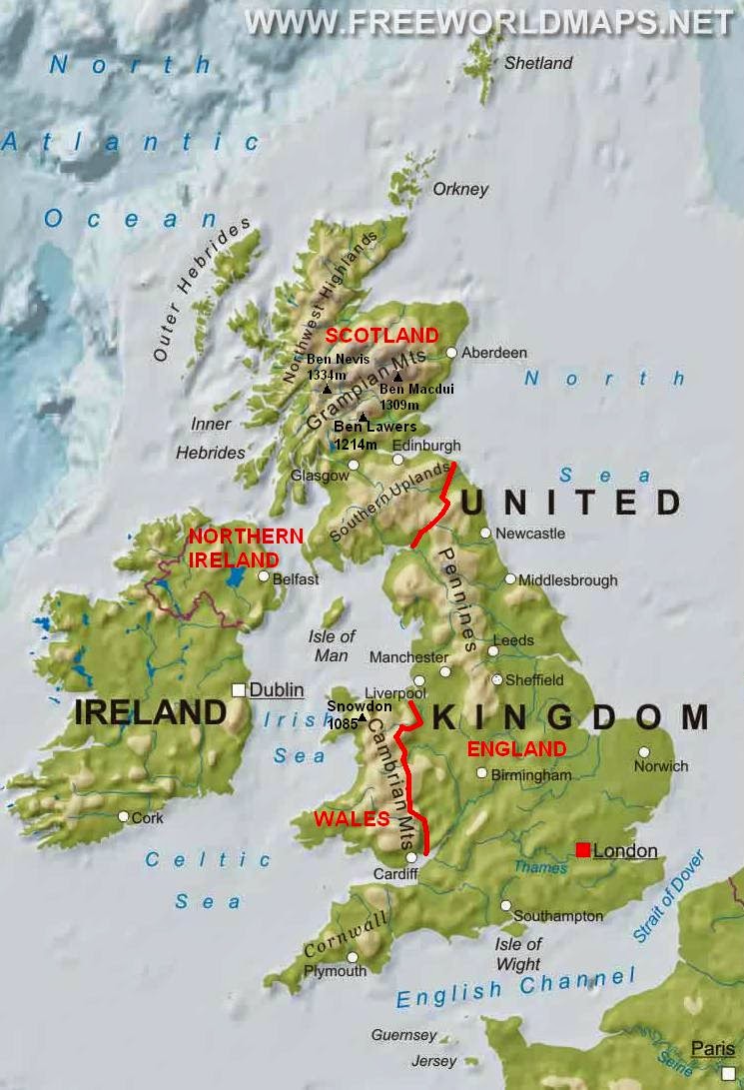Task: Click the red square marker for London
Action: tap(582, 850)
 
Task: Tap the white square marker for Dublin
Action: tap(239, 689)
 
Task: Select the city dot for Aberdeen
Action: tap(451, 353)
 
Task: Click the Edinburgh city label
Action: tap(426, 445)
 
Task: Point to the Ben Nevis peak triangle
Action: tap(327, 388)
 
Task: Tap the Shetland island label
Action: tap(538, 63)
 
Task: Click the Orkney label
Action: tap(460, 189)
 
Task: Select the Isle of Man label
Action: tap(333, 646)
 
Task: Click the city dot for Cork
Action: tap(123, 816)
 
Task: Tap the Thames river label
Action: tap(540, 867)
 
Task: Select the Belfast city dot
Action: tap(263, 576)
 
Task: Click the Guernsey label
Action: tap(403, 1035)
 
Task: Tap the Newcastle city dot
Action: tap(485, 534)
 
